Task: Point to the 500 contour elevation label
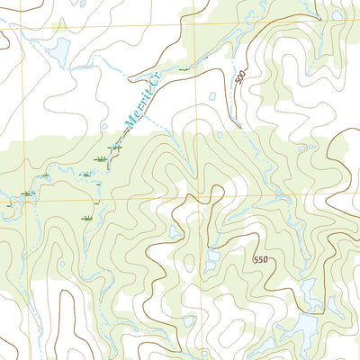tap(239, 78)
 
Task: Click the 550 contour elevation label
tap(260, 259)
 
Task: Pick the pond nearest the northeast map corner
tap(337, 14)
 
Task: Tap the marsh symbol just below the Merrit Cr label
tap(115, 147)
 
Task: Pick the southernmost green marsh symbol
tap(87, 218)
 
